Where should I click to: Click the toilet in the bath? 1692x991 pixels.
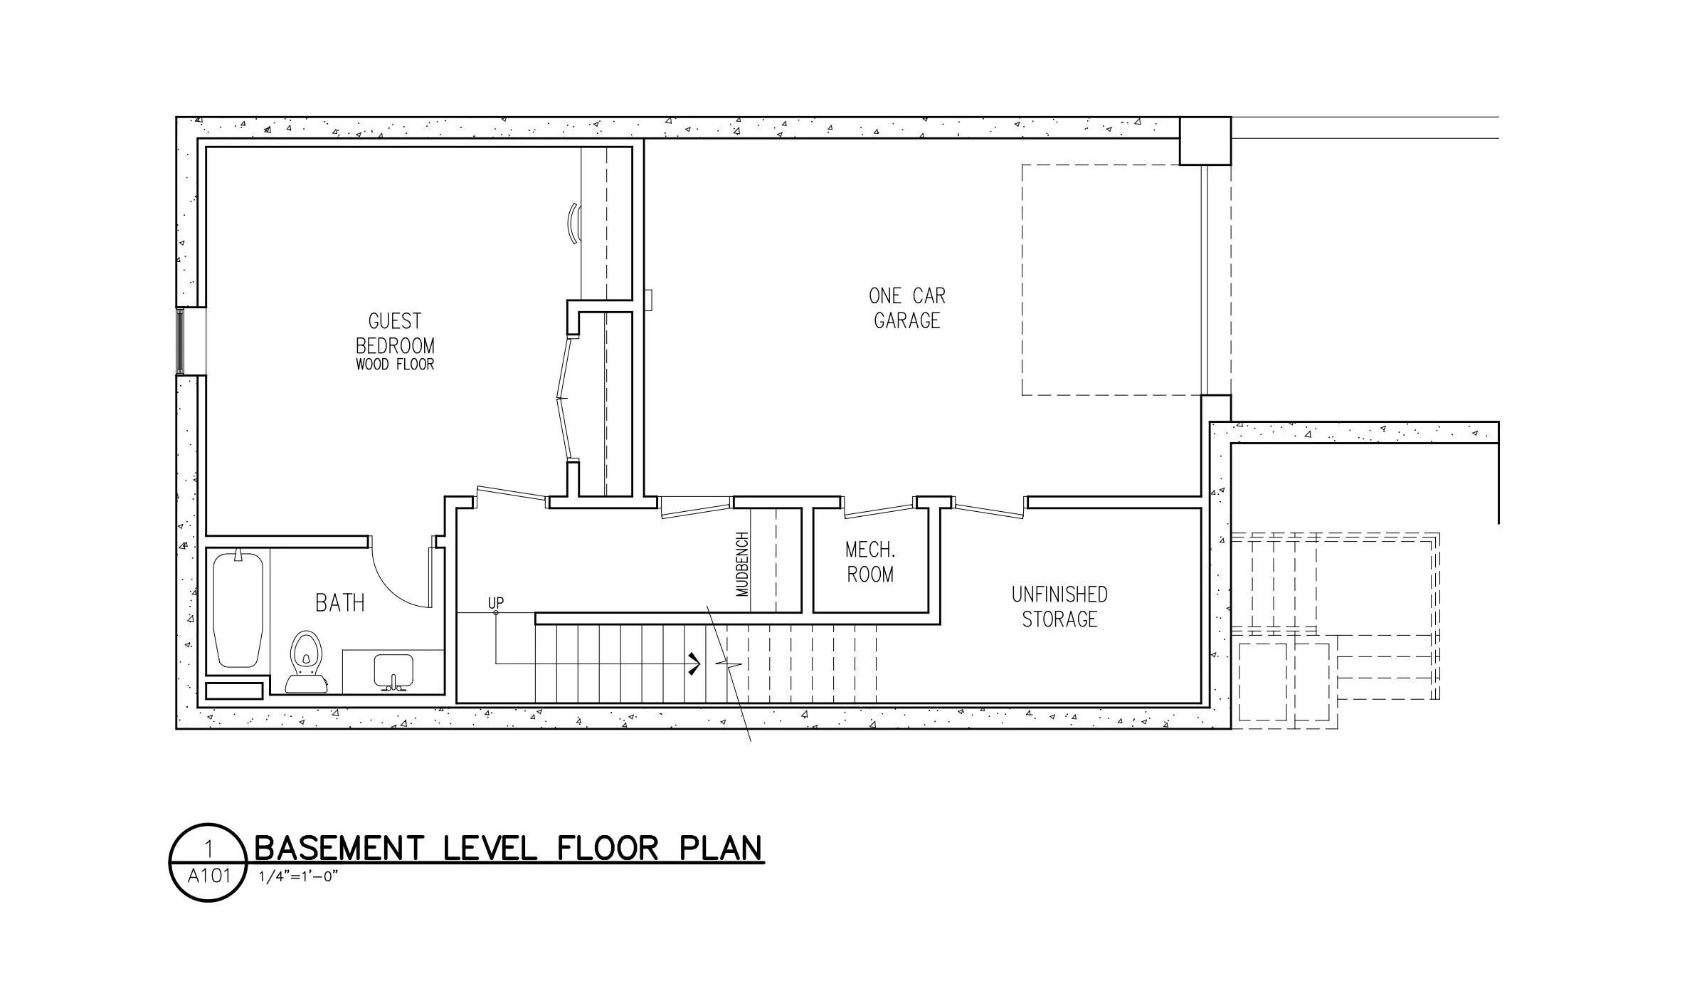(x=306, y=661)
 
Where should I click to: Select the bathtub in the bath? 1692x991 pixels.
(x=238, y=609)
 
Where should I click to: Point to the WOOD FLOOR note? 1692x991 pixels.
(x=395, y=365)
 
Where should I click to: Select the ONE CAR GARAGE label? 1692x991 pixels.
(x=907, y=308)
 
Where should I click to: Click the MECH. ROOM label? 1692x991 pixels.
(x=870, y=562)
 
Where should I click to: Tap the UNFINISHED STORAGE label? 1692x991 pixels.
(x=1059, y=607)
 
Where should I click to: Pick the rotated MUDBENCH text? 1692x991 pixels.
(x=742, y=564)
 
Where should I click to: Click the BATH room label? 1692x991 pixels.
(x=340, y=603)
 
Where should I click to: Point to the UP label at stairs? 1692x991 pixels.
(x=496, y=602)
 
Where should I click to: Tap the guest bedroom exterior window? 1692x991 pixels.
(x=181, y=342)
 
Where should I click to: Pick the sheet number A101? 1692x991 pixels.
(x=209, y=876)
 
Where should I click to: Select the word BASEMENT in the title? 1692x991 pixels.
(x=339, y=849)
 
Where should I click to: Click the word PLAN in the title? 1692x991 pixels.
(x=720, y=849)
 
